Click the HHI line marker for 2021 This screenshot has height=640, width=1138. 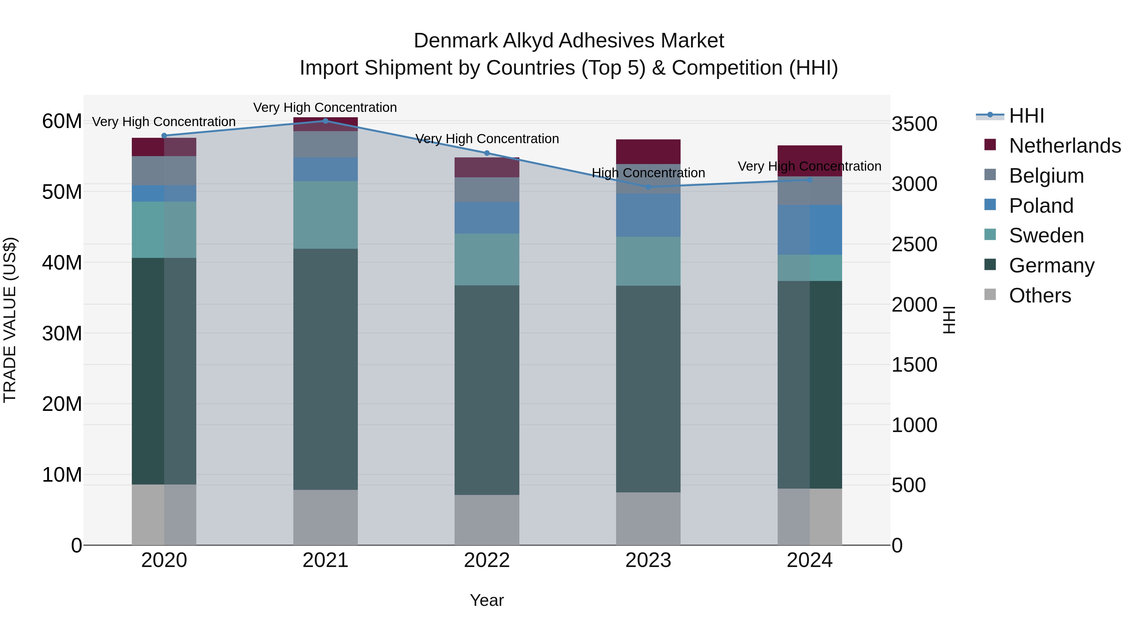pos(326,121)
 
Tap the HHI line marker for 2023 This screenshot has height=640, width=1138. pos(648,187)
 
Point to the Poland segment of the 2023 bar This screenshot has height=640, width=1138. pos(648,215)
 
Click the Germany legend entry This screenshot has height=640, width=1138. pos(1051,265)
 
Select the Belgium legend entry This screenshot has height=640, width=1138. pos(1046,176)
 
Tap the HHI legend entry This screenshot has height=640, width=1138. pos(1026,116)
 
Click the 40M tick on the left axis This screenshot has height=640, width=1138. pos(62,263)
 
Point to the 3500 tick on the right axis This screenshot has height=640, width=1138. pos(914,124)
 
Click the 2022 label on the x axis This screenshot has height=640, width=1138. pos(487,560)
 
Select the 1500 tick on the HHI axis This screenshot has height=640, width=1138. pos(914,365)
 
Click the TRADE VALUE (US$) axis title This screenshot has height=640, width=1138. pos(10,320)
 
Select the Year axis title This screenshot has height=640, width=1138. pos(487,600)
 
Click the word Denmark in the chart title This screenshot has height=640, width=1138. pos(455,41)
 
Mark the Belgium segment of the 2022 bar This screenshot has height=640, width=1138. pos(487,190)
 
